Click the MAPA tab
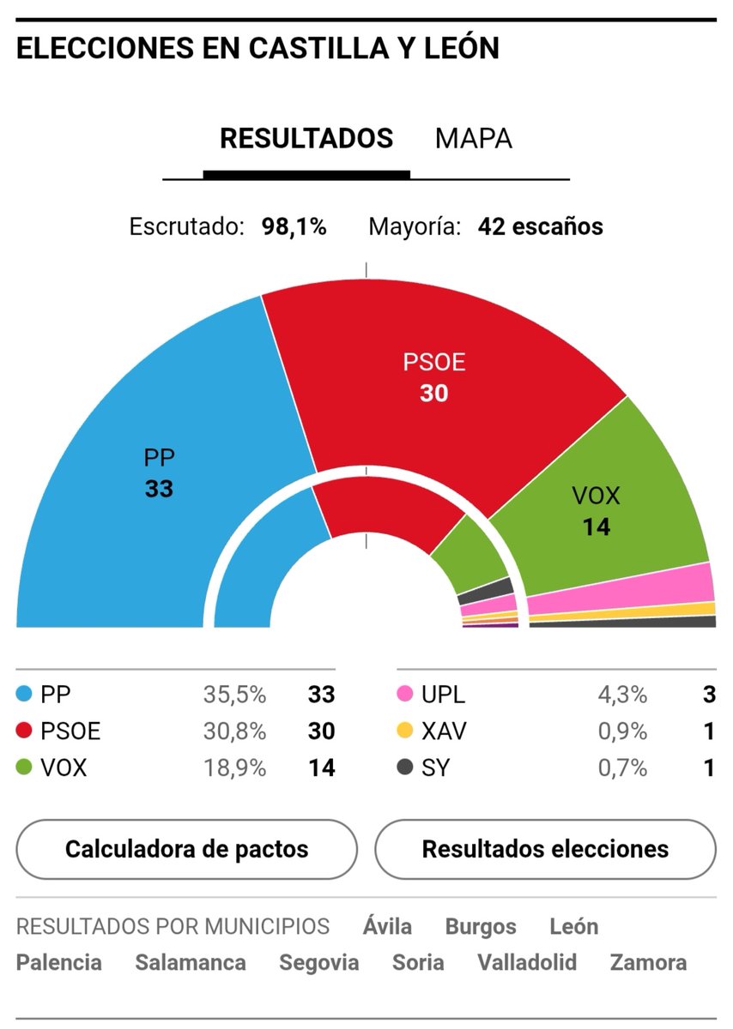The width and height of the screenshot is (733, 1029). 473,138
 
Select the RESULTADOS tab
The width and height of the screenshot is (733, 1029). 306,138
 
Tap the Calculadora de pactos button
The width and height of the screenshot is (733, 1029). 186,849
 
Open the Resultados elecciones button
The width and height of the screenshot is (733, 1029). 545,849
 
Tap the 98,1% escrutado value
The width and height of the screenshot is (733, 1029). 294,227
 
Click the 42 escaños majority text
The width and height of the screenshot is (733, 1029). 541,227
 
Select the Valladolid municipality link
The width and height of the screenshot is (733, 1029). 527,962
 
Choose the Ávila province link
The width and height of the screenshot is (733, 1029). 387,927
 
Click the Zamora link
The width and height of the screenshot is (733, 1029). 648,962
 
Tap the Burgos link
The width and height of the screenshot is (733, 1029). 481,927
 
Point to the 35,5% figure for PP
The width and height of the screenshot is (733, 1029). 234,695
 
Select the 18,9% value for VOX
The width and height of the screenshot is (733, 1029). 234,767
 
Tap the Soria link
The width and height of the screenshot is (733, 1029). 418,962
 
